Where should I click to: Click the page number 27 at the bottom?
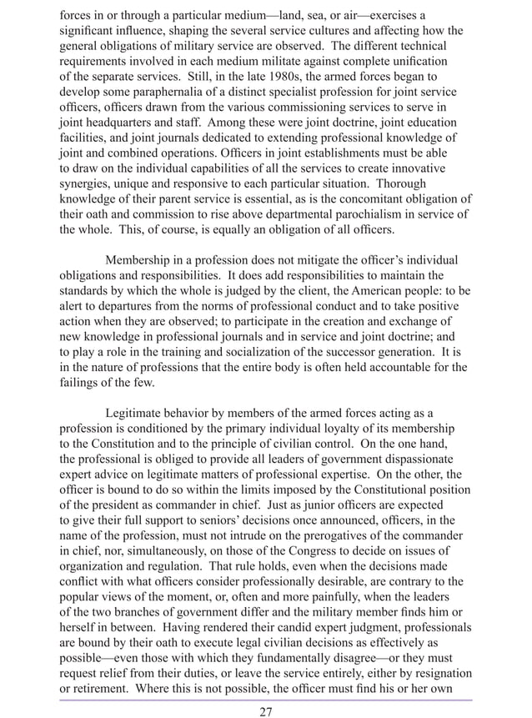(x=266, y=710)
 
